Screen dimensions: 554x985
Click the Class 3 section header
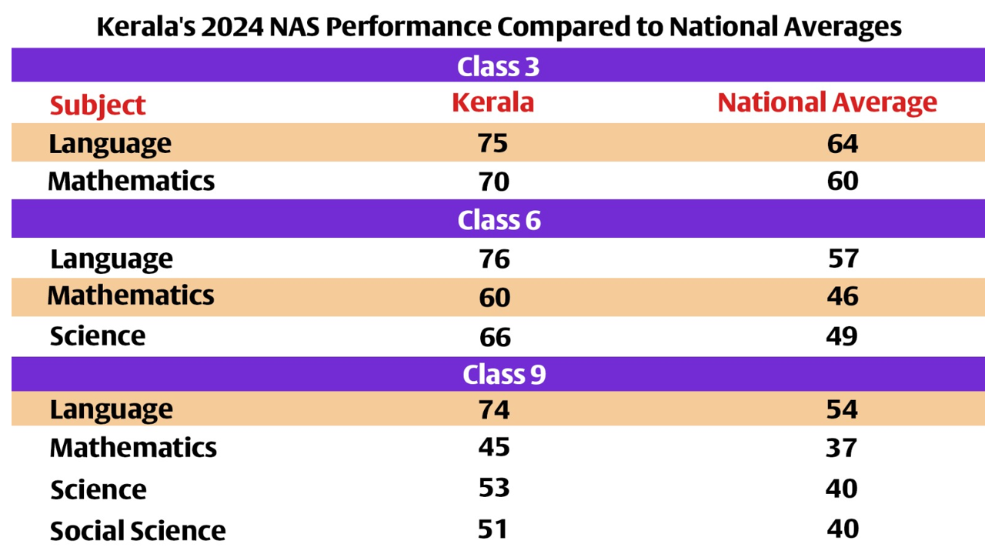coord(498,66)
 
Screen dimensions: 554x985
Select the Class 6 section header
coord(499,220)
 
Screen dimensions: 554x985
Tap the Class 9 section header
coord(503,375)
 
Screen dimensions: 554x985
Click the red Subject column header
coord(98,105)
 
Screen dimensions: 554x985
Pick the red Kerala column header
coord(492,102)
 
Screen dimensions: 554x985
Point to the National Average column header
coord(827,102)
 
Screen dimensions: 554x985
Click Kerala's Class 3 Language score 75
coord(492,144)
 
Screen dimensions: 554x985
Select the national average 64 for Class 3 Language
coord(843,144)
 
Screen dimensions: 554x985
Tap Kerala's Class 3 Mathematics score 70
coord(493,182)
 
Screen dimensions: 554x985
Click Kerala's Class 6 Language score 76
coord(493,259)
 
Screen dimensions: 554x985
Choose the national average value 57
coord(843,259)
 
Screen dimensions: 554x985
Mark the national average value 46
coord(843,296)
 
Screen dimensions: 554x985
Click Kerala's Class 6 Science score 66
coord(493,337)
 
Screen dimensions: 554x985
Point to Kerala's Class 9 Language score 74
coord(493,409)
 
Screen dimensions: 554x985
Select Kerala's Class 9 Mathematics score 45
coord(493,447)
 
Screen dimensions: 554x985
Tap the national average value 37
coord(843,448)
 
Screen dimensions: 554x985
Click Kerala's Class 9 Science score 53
coord(493,489)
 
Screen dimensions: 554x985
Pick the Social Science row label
coord(138,531)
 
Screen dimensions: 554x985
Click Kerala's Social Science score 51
coord(493,529)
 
